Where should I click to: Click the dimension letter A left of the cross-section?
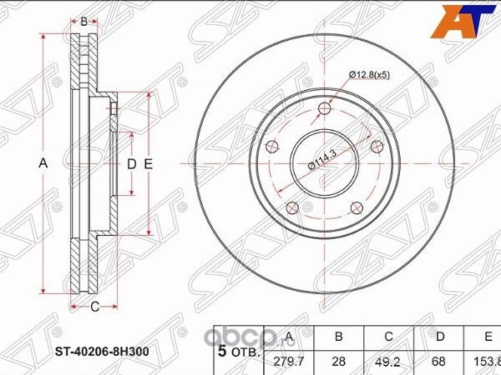click(x=44, y=164)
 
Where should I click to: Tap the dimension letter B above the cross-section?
click(x=83, y=21)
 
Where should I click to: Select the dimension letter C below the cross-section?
click(x=94, y=307)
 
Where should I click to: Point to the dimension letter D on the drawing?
click(x=131, y=164)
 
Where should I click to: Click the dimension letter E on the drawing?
click(x=148, y=164)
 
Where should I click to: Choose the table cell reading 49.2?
click(x=391, y=361)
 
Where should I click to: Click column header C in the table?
click(x=391, y=337)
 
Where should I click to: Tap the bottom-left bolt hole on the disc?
click(x=291, y=208)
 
